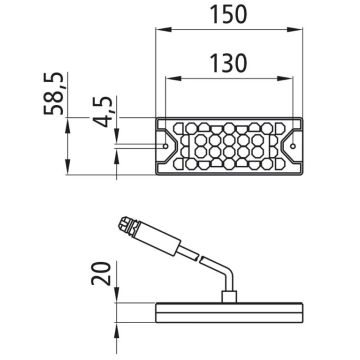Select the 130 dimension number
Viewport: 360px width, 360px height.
coord(230,63)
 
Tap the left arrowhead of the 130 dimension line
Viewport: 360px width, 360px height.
coord(170,78)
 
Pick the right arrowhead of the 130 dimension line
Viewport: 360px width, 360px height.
coord(292,78)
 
